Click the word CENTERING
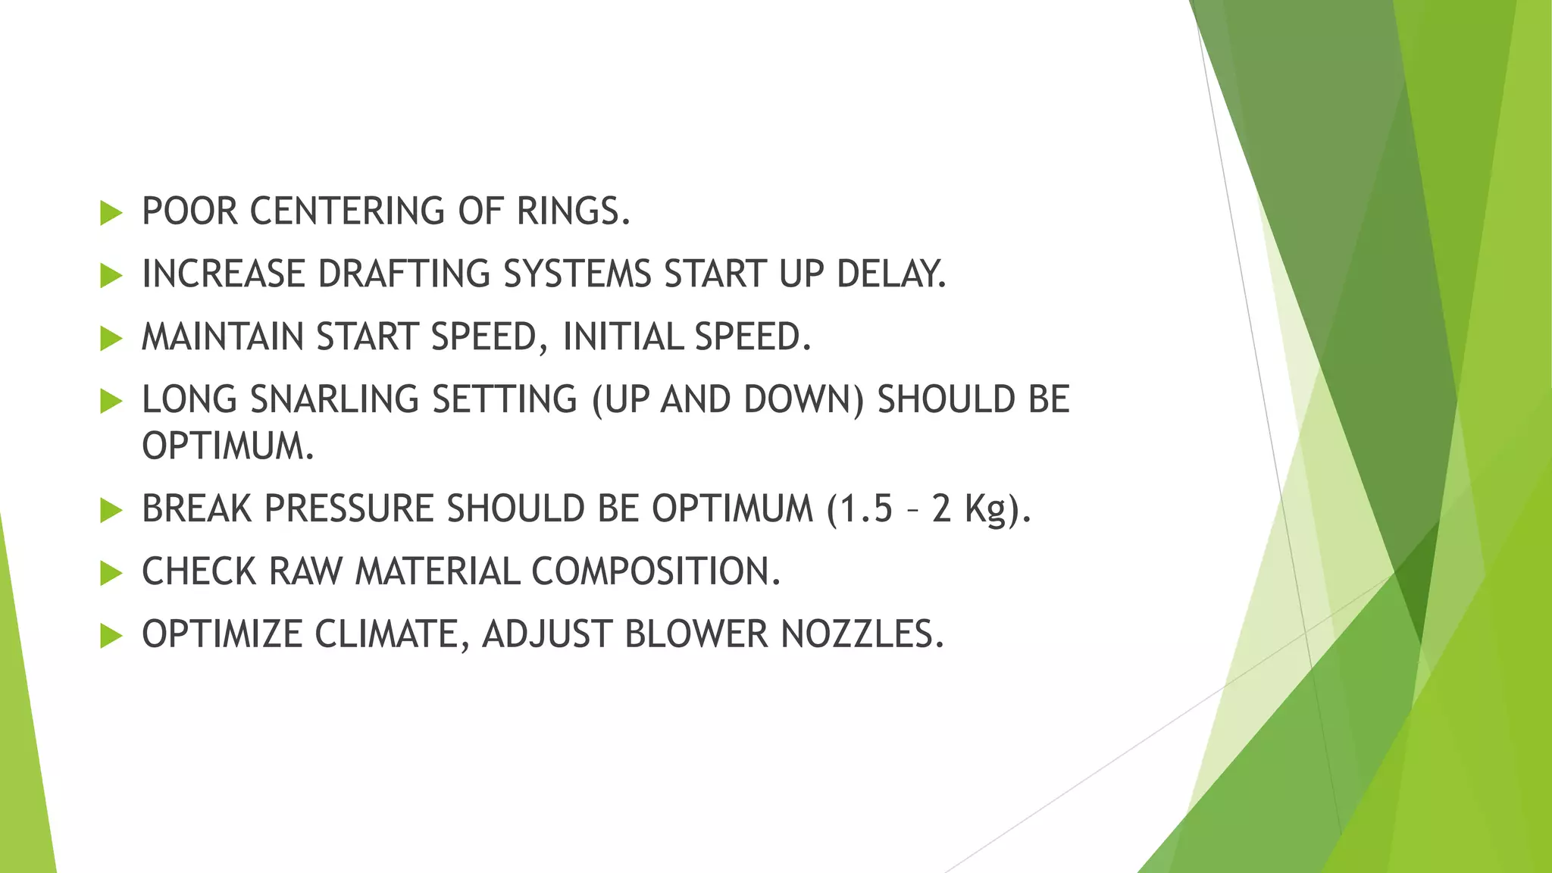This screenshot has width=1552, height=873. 347,211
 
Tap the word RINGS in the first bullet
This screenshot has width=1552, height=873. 572,211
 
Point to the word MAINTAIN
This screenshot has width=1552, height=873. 223,337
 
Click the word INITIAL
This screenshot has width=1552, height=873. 622,337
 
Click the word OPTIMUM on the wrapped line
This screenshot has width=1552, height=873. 227,446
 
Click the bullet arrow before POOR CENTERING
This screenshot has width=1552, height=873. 111,213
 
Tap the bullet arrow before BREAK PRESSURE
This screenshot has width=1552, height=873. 111,510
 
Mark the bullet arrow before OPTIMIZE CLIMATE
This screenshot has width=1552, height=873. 111,636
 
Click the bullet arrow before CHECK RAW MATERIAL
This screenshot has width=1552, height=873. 111,573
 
